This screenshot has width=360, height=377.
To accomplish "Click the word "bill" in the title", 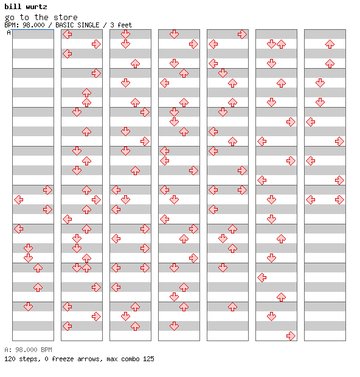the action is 13,7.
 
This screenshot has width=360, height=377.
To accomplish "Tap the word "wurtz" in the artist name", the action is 36,7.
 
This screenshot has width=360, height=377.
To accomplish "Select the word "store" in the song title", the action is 66,17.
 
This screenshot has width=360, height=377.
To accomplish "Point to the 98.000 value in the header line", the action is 33,25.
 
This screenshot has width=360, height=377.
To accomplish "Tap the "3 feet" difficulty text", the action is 121,25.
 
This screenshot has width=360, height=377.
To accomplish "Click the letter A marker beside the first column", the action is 9,32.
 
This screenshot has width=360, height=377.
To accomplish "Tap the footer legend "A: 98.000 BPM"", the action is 28,350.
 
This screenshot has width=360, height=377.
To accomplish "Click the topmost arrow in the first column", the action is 47,190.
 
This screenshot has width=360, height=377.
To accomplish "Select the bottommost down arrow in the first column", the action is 29,306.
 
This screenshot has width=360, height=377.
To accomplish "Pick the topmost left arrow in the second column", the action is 67,35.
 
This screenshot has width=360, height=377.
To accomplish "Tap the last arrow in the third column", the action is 135,326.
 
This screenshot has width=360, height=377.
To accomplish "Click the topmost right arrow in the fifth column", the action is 242,35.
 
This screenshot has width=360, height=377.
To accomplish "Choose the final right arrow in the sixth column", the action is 291,336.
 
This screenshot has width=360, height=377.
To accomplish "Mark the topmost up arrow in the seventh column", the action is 330,44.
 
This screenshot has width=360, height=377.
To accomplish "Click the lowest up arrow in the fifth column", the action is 232,306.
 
